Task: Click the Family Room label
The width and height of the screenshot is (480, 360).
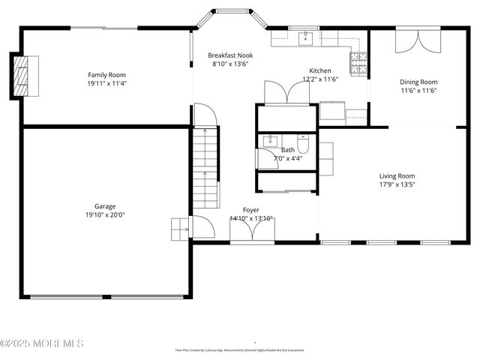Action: [x=106, y=75]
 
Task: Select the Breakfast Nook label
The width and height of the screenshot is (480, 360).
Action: [x=230, y=55]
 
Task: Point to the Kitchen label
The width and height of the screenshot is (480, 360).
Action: [x=320, y=70]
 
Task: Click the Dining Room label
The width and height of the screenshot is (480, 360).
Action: [x=418, y=82]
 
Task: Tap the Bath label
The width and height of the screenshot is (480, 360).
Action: [x=288, y=150]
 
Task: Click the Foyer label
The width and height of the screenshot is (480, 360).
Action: [x=251, y=210]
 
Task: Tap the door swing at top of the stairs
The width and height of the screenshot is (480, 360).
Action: [x=205, y=116]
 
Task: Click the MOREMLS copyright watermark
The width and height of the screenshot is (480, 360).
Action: [x=42, y=343]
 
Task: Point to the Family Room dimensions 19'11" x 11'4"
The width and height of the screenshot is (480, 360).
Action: [x=106, y=84]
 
